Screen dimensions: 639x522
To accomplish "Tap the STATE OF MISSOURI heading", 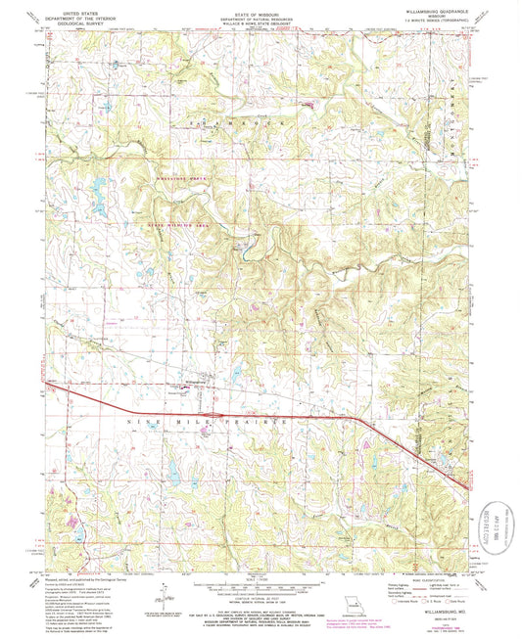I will pos(261,12).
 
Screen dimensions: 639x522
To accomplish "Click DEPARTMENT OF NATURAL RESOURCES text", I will pos(261,18).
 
